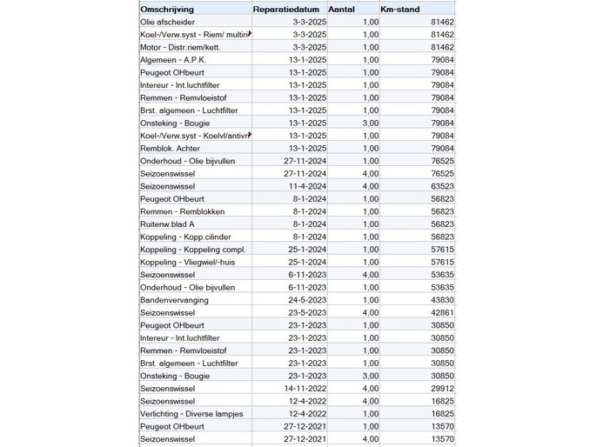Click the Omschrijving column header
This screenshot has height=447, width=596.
point(169,9)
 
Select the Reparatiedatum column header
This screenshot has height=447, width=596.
point(289,9)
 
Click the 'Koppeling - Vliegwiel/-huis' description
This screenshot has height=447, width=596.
point(191,262)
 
